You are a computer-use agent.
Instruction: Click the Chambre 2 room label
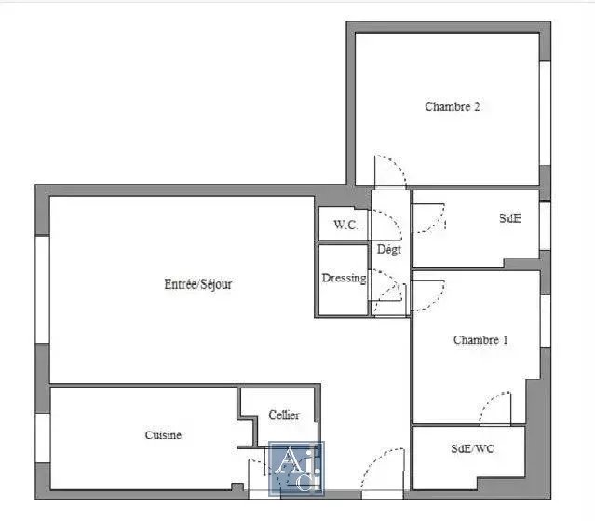click(x=452, y=106)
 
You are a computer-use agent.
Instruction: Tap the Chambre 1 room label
click(x=480, y=340)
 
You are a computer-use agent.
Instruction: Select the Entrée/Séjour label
click(x=197, y=284)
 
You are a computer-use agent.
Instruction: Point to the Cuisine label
click(x=163, y=435)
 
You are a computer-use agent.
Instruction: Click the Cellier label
click(x=284, y=415)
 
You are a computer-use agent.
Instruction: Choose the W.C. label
click(x=346, y=225)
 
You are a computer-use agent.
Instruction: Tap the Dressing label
click(x=344, y=278)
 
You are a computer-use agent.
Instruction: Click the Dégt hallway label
click(x=389, y=250)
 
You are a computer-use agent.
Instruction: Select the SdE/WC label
click(x=472, y=448)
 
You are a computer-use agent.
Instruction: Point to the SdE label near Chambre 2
click(x=510, y=218)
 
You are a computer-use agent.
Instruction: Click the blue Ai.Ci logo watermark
click(x=296, y=469)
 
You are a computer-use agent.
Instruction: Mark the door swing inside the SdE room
click(x=437, y=224)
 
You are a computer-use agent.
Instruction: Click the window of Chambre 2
click(x=546, y=113)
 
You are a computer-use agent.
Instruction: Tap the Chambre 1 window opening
click(x=546, y=321)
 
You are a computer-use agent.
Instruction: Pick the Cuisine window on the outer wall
click(x=43, y=438)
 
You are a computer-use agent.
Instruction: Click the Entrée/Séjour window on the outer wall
click(x=42, y=290)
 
